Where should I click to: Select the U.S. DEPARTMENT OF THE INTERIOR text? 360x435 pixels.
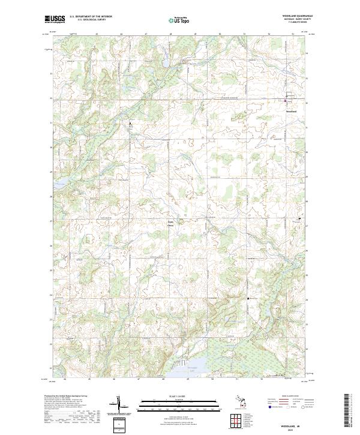click(x=91, y=17)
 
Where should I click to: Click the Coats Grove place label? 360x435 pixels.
click(x=170, y=223)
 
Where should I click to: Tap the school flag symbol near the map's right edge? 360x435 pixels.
click(x=300, y=218)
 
